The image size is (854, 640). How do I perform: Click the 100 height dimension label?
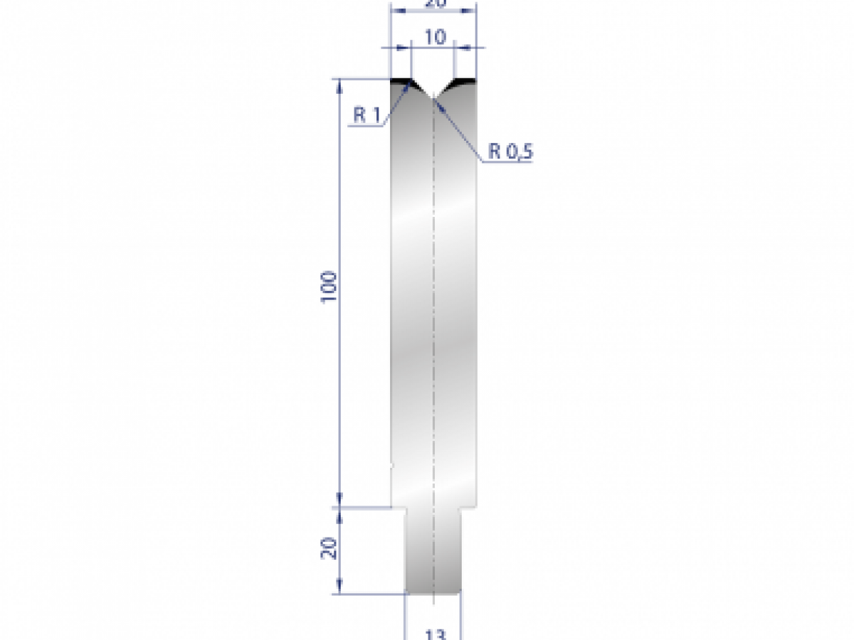(x=328, y=287)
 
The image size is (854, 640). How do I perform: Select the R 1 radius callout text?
(x=367, y=116)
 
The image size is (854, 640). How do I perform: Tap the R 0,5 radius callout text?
(x=510, y=151)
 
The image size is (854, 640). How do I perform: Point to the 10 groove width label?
(x=434, y=37)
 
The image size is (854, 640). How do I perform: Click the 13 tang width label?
(x=433, y=633)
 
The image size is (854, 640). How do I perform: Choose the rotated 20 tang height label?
(x=329, y=548)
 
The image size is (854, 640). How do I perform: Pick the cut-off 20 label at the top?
(x=434, y=4)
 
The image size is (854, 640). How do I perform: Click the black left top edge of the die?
(x=401, y=81)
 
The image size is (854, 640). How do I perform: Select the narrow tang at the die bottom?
(x=433, y=551)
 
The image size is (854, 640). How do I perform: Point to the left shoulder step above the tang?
(x=399, y=507)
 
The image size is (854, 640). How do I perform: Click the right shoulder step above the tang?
(x=468, y=507)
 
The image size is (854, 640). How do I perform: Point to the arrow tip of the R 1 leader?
(x=409, y=84)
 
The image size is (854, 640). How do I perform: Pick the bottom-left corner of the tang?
(x=406, y=592)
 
